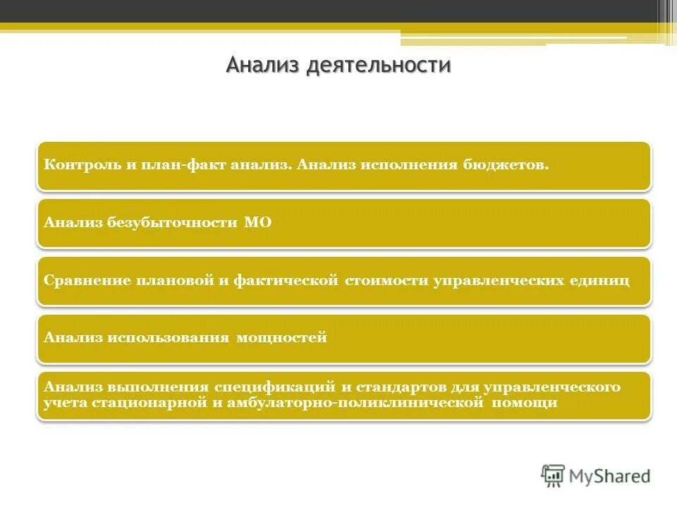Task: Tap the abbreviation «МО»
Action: pos(257,222)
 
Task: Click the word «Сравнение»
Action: pos(78,280)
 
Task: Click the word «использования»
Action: pos(169,337)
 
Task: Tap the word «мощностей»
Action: pos(282,337)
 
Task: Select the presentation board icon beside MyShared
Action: pos(553,476)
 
